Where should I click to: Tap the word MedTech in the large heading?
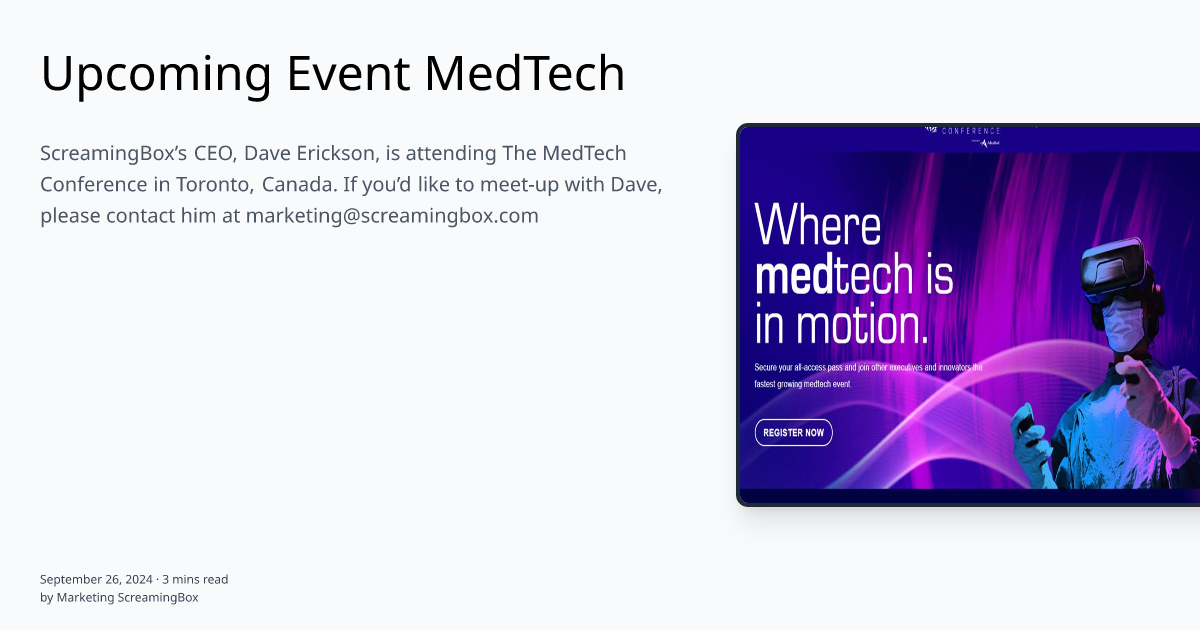pos(525,73)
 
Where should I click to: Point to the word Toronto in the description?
pos(209,185)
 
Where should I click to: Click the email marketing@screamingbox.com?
pos(392,216)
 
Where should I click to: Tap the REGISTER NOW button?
pos(793,432)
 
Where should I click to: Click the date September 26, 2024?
pos(97,579)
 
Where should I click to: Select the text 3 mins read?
pos(195,579)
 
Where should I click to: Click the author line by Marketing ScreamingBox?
pos(119,597)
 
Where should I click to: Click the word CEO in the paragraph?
pos(212,153)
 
